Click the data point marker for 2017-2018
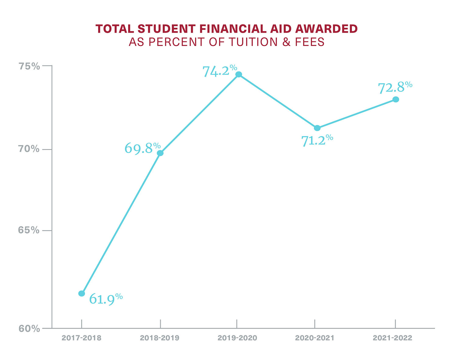tap(82, 293)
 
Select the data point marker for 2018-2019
tap(160, 153)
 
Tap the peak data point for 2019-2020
tap(239, 74)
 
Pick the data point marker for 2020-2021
tap(317, 128)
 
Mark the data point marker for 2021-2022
tap(395, 99)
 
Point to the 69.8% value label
tap(142, 148)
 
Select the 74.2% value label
tap(219, 71)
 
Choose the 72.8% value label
tap(395, 87)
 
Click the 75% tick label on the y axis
tap(29, 66)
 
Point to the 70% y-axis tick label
tap(29, 149)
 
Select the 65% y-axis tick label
tap(29, 230)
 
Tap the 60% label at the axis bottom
tap(29, 329)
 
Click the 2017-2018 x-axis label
tap(81, 338)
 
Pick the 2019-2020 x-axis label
tap(237, 338)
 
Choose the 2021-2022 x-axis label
tap(392, 338)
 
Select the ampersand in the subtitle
tap(286, 42)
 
